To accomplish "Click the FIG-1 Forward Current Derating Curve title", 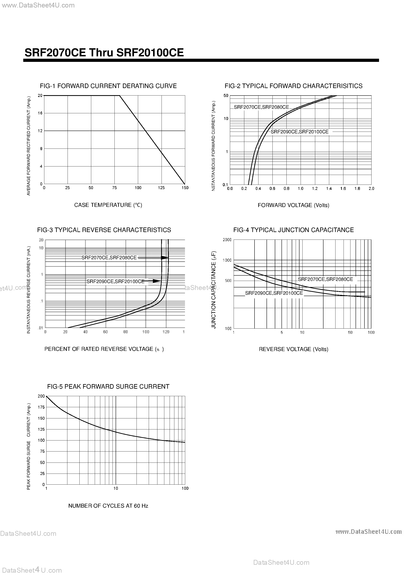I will click(108, 86).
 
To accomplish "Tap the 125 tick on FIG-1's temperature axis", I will click(161, 188).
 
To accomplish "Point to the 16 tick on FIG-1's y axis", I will click(40, 113).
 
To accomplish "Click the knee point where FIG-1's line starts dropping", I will click(119, 96).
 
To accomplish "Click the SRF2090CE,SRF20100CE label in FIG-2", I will click(299, 132).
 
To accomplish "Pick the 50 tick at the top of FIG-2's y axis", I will click(226, 96).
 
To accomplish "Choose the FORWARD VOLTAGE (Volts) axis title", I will click(293, 205).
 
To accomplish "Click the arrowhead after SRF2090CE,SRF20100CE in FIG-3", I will click(157, 281).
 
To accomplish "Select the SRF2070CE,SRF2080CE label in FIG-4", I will click(325, 279).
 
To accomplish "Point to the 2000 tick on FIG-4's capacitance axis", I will click(227, 240).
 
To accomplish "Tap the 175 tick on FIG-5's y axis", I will click(41, 407).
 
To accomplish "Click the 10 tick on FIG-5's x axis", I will click(115, 488).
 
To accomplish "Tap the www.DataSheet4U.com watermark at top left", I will click(38, 5).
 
